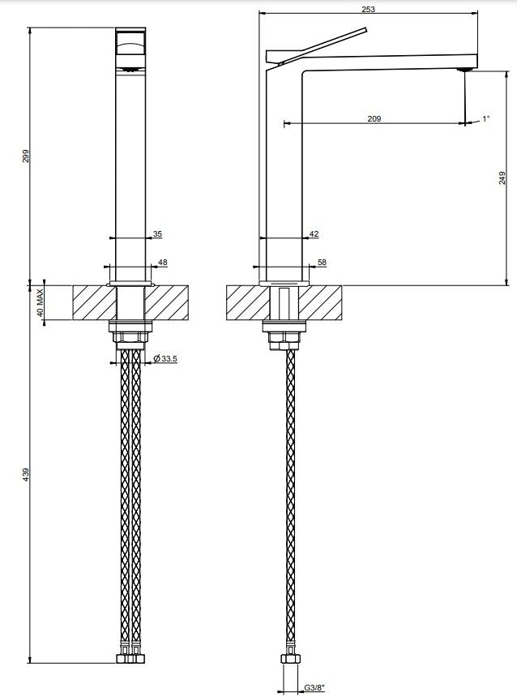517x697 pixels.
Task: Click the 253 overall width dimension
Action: pos(369,9)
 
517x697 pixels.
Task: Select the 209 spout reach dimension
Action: pos(374,118)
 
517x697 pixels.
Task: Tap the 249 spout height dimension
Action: pos(502,177)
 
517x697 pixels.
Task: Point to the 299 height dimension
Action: pos(26,156)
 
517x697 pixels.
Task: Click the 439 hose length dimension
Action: pos(26,474)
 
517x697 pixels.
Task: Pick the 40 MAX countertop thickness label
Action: pos(40,303)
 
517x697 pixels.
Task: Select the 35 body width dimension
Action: pos(157,233)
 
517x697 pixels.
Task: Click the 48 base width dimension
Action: pos(163,263)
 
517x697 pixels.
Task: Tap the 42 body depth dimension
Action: pos(314,233)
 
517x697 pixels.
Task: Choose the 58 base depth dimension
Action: pos(322,263)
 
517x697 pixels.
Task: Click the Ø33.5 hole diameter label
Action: pos(165,358)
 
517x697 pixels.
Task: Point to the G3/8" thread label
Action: pos(314,688)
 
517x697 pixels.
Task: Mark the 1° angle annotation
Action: pos(486,118)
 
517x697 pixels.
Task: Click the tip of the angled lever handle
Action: pos(365,30)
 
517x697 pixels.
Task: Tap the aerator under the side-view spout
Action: pos(465,70)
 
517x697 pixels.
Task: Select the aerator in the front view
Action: pos(130,70)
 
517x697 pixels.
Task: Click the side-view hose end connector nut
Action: pos(291,658)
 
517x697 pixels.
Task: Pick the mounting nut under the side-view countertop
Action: pos(284,341)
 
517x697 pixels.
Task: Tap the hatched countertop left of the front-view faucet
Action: pos(95,303)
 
